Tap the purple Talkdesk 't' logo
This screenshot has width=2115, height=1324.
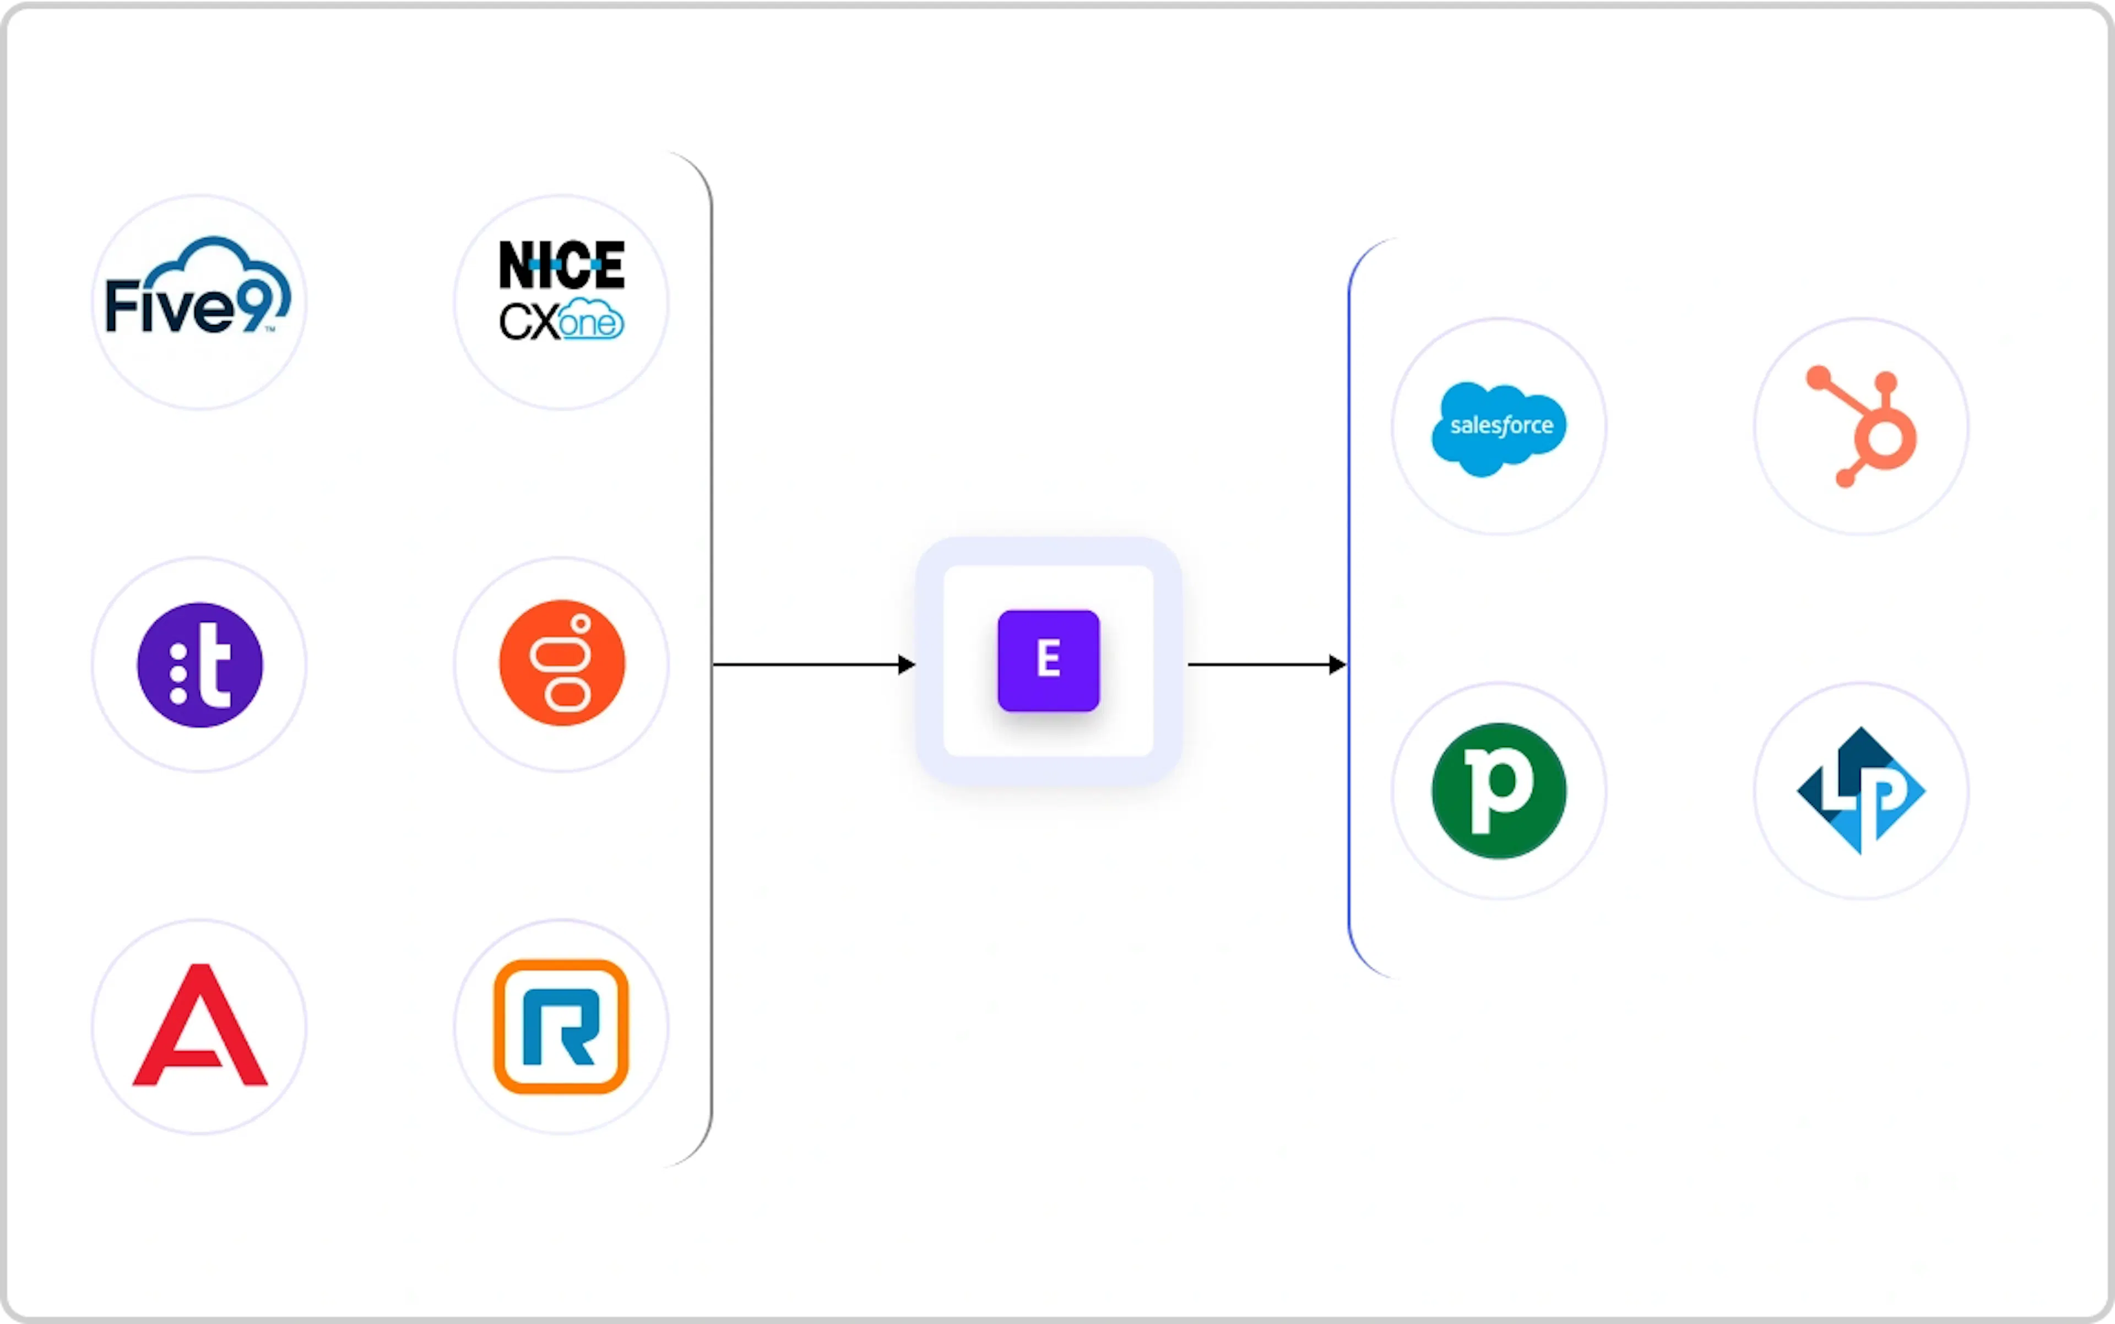click(x=199, y=664)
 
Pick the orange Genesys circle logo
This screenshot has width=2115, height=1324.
click(x=562, y=663)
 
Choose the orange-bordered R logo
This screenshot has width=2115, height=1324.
click(x=561, y=1026)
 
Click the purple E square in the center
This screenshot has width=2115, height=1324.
click(x=1049, y=660)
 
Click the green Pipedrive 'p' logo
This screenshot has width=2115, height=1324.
click(x=1499, y=791)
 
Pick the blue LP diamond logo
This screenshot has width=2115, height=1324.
click(x=1861, y=790)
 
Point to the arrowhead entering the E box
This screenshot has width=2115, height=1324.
click(x=907, y=664)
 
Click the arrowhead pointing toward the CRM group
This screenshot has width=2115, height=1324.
click(x=1338, y=664)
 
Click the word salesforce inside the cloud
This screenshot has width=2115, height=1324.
click(x=1501, y=425)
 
